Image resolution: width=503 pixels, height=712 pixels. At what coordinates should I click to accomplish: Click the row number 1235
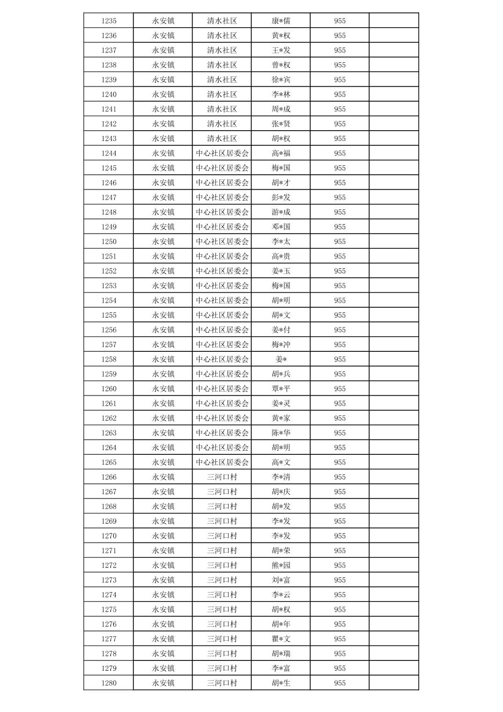pyautogui.click(x=109, y=21)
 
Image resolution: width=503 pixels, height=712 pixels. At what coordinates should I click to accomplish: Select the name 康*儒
pyautogui.click(x=281, y=21)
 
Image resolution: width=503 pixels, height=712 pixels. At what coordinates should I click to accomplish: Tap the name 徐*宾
pyautogui.click(x=281, y=80)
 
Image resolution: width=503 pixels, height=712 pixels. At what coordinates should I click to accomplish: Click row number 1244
pyautogui.click(x=109, y=153)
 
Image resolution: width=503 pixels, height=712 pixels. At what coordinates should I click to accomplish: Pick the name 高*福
pyautogui.click(x=281, y=153)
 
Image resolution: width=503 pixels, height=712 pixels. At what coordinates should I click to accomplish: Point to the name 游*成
pyautogui.click(x=281, y=212)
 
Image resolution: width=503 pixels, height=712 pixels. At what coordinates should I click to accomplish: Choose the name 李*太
pyautogui.click(x=281, y=242)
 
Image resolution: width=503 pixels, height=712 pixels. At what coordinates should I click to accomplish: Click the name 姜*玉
pyautogui.click(x=281, y=271)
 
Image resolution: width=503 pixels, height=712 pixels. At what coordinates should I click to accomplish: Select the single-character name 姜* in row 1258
pyautogui.click(x=281, y=359)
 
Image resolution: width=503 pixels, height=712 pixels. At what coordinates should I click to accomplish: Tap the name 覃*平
pyautogui.click(x=281, y=389)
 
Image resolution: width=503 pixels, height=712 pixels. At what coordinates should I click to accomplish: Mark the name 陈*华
pyautogui.click(x=281, y=433)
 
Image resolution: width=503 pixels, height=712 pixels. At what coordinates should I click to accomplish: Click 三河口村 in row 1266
pyautogui.click(x=222, y=477)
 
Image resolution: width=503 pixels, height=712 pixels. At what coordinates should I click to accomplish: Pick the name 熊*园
pyautogui.click(x=281, y=565)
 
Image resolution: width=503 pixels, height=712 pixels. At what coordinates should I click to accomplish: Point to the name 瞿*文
pyautogui.click(x=281, y=639)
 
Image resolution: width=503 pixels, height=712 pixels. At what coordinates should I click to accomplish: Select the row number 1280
pyautogui.click(x=109, y=683)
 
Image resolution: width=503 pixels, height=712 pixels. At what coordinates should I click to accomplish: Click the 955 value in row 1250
pyautogui.click(x=340, y=242)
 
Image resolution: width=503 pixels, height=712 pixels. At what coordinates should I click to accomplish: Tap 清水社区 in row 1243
pyautogui.click(x=222, y=139)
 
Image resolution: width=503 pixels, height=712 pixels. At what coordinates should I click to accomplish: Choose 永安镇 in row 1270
pyautogui.click(x=163, y=536)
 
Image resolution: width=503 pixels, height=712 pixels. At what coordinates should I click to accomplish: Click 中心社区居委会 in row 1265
pyautogui.click(x=222, y=462)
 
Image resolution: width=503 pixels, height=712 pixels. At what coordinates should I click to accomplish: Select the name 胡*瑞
pyautogui.click(x=281, y=653)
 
